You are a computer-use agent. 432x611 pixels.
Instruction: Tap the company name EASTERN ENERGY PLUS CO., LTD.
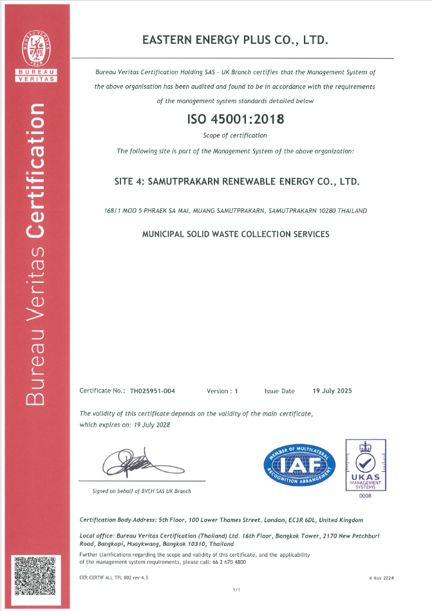[x=235, y=40]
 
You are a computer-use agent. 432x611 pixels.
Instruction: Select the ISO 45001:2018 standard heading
[x=234, y=119]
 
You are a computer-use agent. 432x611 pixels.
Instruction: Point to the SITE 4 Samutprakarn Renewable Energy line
[x=236, y=182]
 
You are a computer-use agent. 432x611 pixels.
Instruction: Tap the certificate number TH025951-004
[x=153, y=391]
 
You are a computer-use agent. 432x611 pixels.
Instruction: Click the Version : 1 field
[x=222, y=391]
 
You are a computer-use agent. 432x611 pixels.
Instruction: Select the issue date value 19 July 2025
[x=332, y=391]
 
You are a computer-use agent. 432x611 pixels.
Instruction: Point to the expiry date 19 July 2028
[x=153, y=425]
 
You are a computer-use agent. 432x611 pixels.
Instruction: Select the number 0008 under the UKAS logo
[x=366, y=495]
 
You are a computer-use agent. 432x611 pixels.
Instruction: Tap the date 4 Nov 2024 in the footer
[x=380, y=578]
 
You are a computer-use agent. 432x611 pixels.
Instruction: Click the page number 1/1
[x=236, y=590]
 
